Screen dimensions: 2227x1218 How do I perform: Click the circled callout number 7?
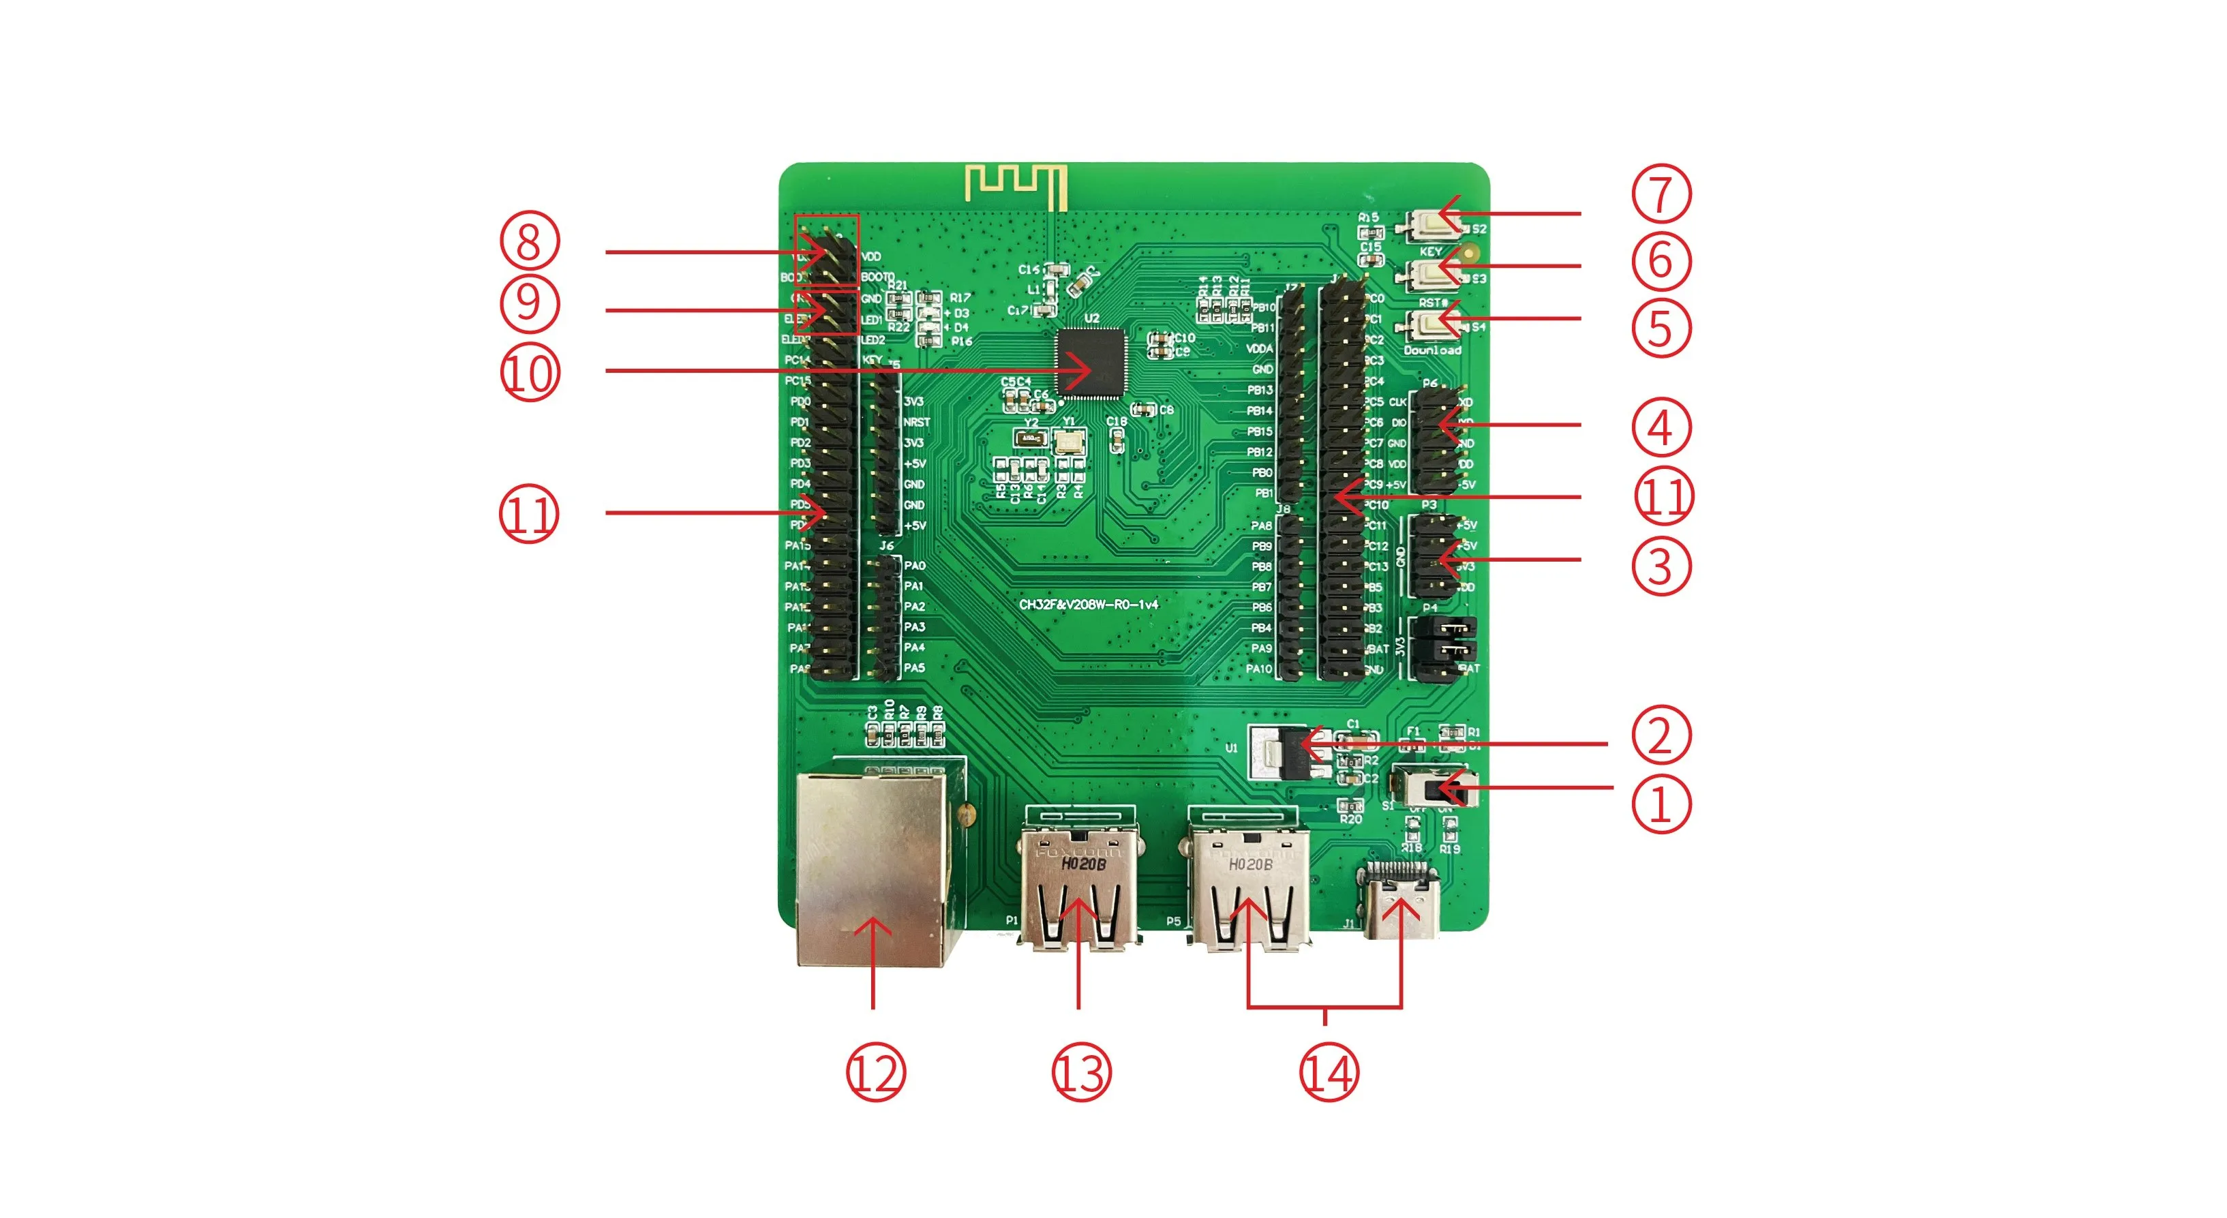pyautogui.click(x=1660, y=194)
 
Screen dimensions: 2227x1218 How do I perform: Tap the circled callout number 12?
pyautogui.click(x=875, y=1073)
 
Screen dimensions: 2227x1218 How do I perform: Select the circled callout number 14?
pyautogui.click(x=1329, y=1073)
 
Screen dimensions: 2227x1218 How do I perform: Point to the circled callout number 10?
pyautogui.click(x=530, y=374)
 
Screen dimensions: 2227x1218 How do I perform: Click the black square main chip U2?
pyautogui.click(x=1091, y=363)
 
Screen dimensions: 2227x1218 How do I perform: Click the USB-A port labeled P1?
pyautogui.click(x=1078, y=890)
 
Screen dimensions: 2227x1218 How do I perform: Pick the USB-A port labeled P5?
pyautogui.click(x=1247, y=890)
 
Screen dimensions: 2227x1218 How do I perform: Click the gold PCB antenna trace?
pyautogui.click(x=1016, y=184)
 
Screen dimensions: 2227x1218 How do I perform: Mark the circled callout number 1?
pyautogui.click(x=1660, y=804)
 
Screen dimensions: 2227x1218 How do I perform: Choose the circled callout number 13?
pyautogui.click(x=1080, y=1073)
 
